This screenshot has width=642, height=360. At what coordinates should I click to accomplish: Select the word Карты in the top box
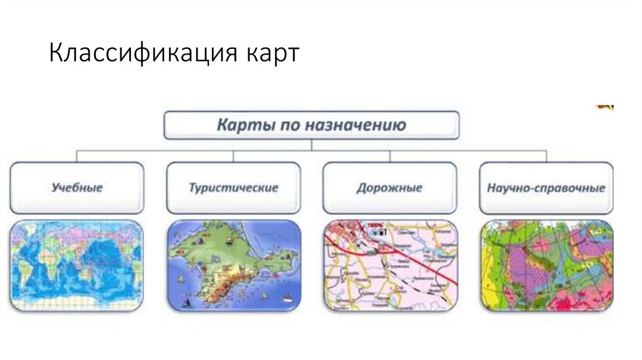(x=239, y=124)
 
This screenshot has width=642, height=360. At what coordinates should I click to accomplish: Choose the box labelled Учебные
(x=77, y=188)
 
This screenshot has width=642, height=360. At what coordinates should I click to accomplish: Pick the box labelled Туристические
(x=233, y=188)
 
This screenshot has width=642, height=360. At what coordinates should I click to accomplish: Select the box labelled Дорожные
(x=389, y=188)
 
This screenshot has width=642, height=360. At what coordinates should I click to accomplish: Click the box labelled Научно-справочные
(x=546, y=188)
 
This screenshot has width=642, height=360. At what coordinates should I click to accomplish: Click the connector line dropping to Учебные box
(x=77, y=156)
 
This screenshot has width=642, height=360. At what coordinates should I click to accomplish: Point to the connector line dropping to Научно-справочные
(x=546, y=156)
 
